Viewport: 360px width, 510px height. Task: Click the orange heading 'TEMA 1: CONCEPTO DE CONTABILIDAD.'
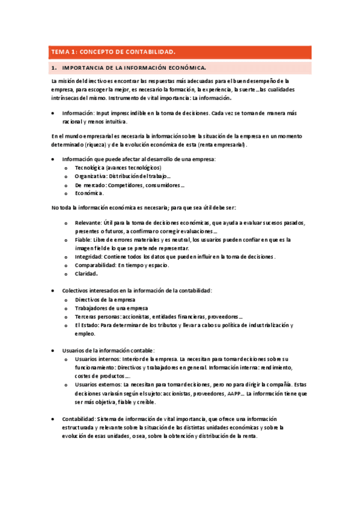pos(112,52)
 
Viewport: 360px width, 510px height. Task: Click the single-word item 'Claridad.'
pos(87,274)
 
